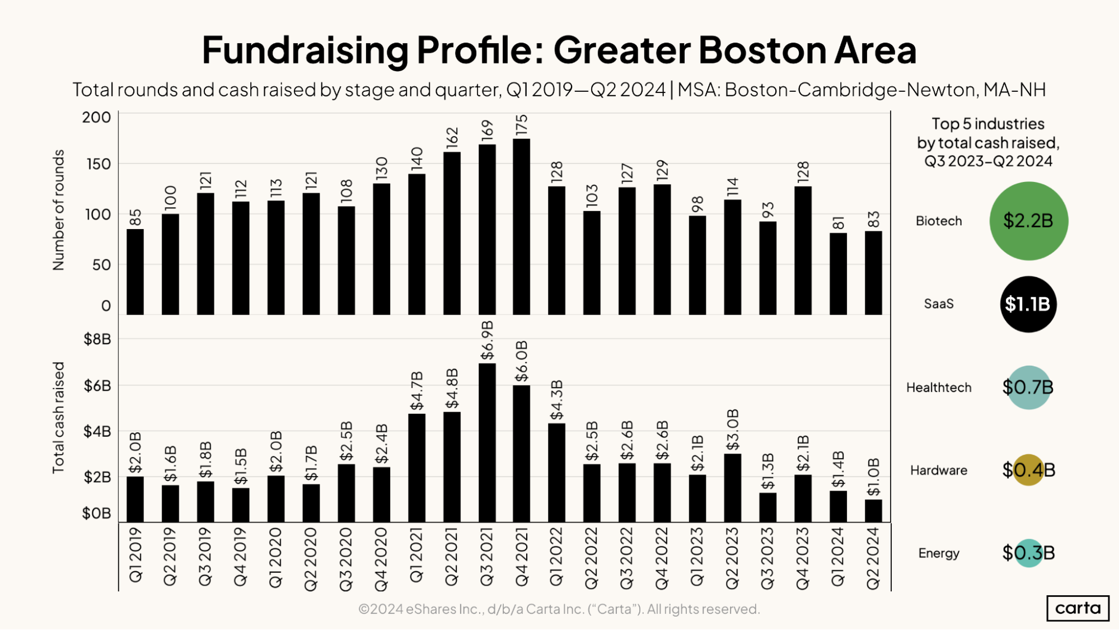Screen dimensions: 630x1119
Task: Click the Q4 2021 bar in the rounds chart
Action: point(521,227)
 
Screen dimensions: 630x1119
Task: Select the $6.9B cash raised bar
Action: point(487,442)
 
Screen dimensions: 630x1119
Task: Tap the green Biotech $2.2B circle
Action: point(1028,221)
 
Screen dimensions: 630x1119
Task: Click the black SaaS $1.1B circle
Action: point(1028,304)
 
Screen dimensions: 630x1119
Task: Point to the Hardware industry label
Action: point(938,470)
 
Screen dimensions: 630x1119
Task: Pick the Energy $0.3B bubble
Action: point(1028,553)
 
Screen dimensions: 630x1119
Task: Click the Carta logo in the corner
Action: point(1077,608)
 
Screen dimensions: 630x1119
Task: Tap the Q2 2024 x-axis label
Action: point(873,558)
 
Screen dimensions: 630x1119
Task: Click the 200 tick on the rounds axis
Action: point(96,118)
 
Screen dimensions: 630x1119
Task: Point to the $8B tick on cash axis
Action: point(97,339)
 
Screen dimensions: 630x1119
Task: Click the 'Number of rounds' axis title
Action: point(58,210)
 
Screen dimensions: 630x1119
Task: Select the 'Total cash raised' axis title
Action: point(58,418)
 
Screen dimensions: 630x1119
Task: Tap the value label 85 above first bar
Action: point(135,217)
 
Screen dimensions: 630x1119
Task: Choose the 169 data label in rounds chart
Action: point(487,130)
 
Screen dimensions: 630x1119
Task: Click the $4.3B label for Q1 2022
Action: point(556,400)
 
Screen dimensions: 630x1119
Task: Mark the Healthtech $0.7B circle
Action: point(1028,388)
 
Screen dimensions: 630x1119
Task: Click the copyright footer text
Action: point(559,609)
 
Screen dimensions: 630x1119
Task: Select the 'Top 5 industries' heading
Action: point(988,124)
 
